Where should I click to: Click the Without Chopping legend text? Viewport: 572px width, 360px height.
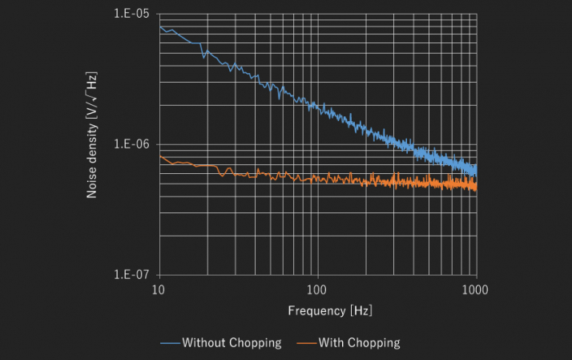[232, 342]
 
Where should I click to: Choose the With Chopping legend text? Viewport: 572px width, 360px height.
[359, 342]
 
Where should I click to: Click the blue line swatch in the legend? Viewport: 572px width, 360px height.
[168, 343]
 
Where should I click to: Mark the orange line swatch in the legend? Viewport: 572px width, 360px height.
[304, 343]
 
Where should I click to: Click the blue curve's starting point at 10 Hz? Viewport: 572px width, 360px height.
[159, 26]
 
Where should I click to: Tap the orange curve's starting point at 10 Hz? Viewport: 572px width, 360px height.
[159, 155]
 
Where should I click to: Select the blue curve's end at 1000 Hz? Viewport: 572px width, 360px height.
[477, 171]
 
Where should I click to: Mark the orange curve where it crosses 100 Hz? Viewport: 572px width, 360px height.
[318, 178]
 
